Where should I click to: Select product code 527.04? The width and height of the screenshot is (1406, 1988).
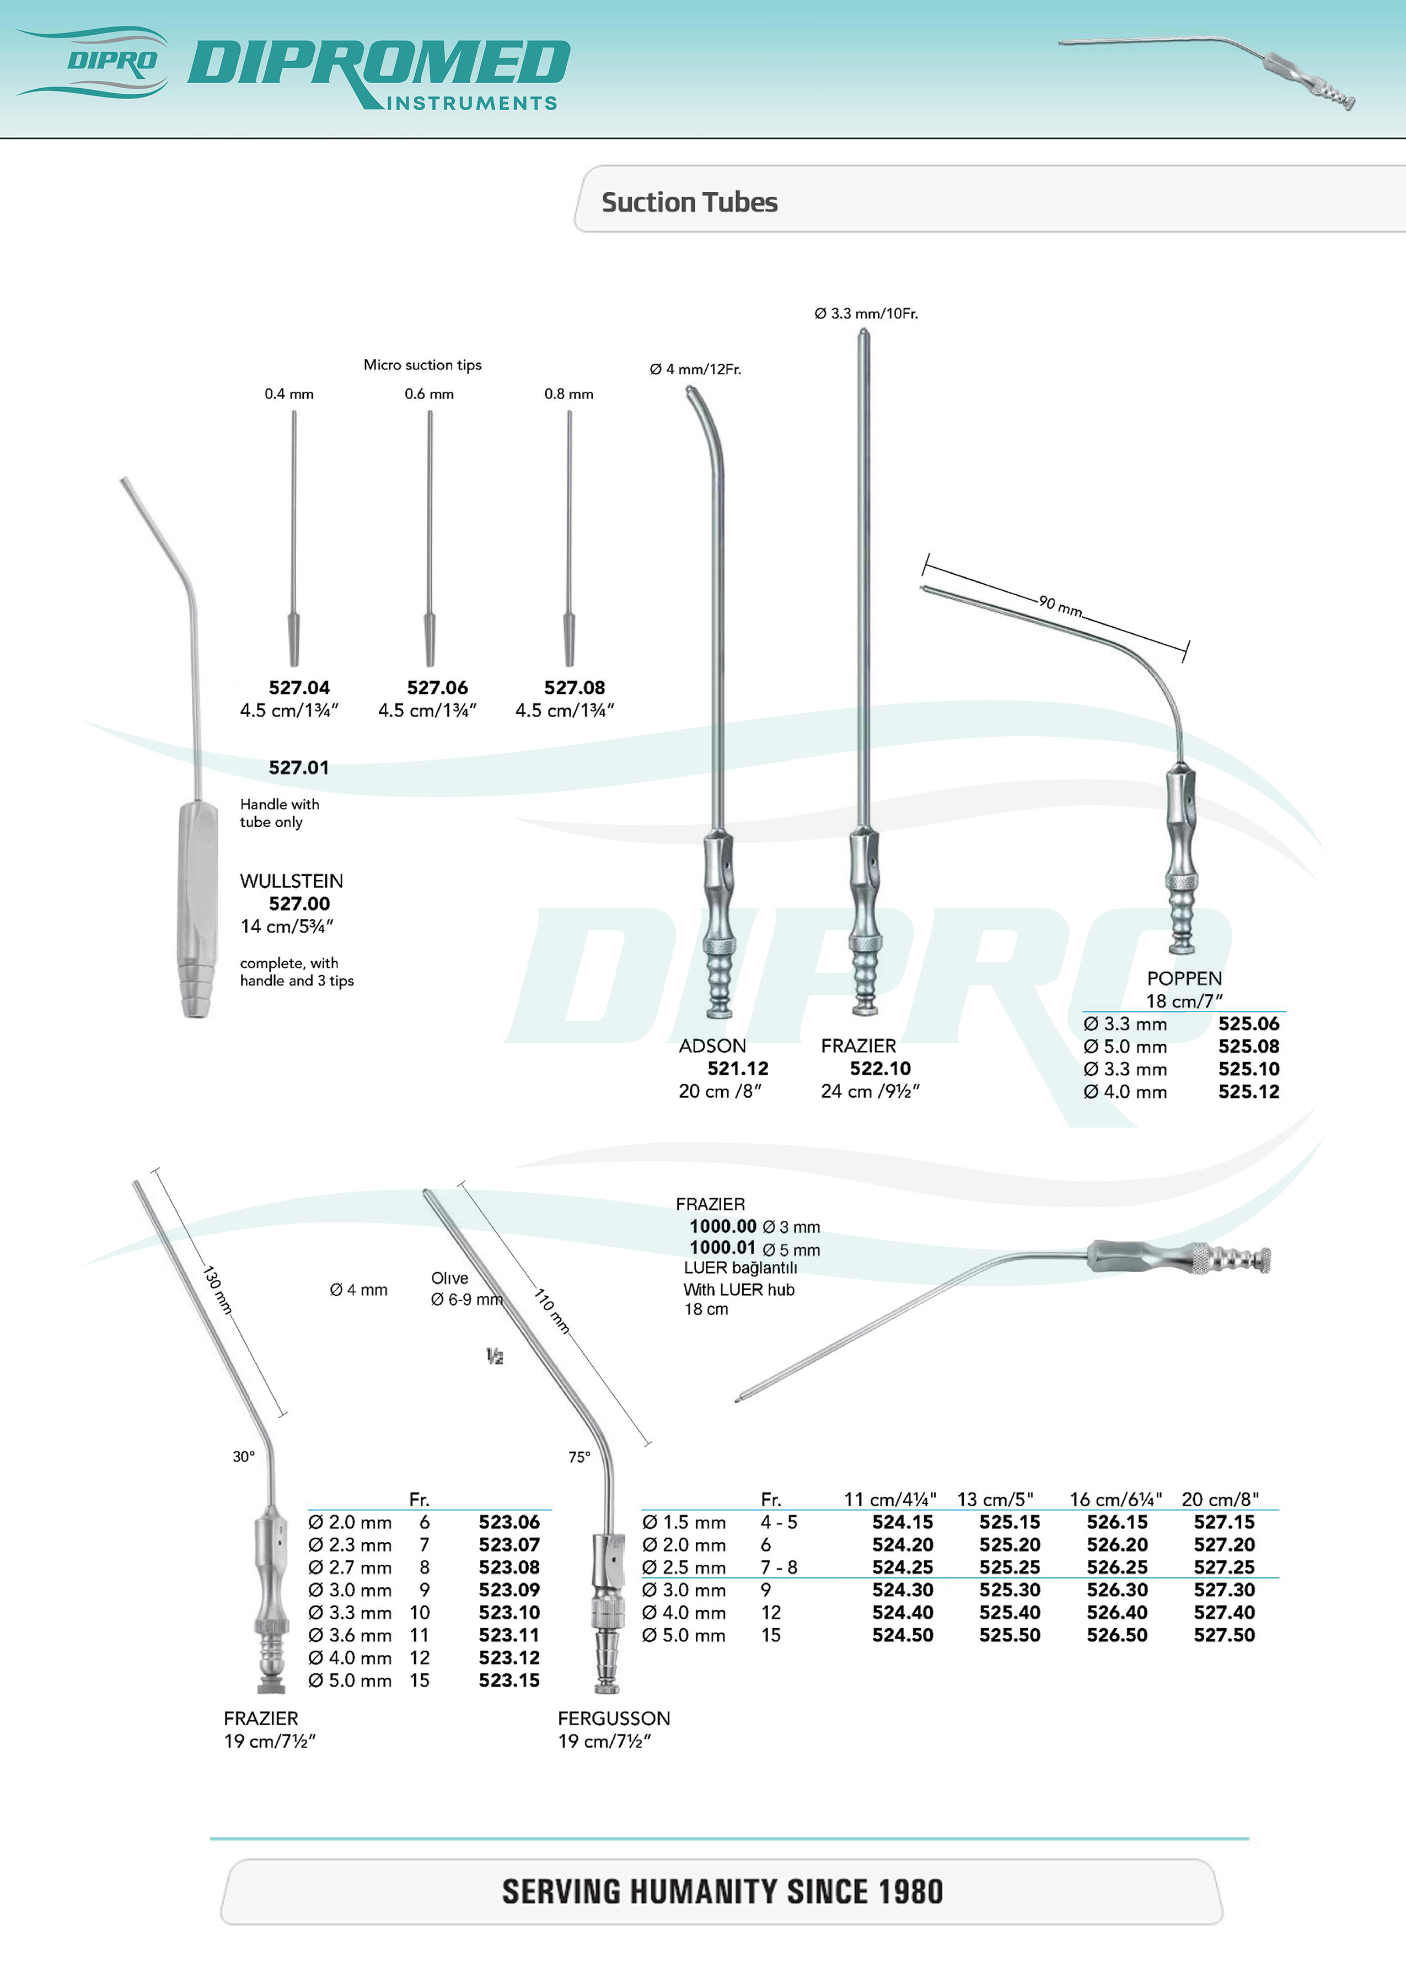click(299, 687)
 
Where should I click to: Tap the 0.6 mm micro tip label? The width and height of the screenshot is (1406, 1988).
click(429, 394)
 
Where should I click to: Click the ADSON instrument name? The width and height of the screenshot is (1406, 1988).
click(712, 1046)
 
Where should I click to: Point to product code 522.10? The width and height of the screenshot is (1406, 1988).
click(880, 1069)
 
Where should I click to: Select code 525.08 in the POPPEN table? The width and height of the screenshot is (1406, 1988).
click(1248, 1046)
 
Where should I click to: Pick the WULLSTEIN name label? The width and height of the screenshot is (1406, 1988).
click(291, 881)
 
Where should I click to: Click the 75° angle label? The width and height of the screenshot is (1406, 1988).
click(579, 1457)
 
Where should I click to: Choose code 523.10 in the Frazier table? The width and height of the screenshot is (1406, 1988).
click(508, 1612)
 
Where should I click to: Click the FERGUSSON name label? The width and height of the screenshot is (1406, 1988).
click(613, 1718)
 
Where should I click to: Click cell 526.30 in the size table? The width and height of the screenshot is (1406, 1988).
click(1117, 1590)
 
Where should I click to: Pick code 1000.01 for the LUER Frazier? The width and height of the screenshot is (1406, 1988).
click(722, 1248)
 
